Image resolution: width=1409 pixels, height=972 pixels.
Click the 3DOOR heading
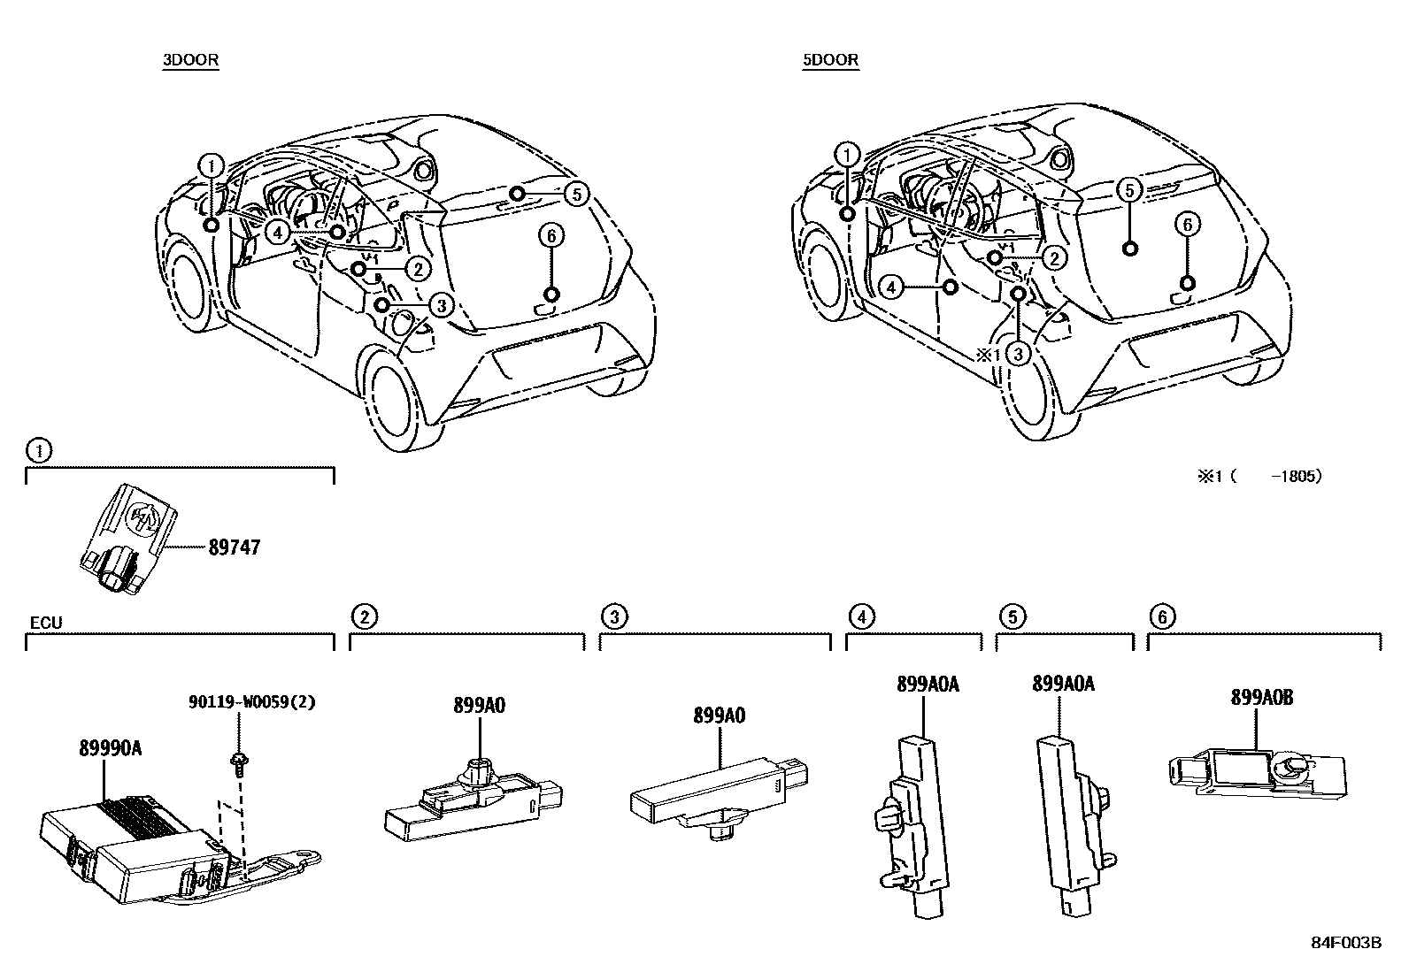(x=190, y=60)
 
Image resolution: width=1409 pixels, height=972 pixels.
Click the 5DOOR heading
(x=831, y=60)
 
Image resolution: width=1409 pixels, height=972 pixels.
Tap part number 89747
(x=235, y=547)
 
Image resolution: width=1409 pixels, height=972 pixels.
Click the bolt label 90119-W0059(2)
(x=252, y=702)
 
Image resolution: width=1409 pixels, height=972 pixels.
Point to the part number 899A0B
(x=1262, y=697)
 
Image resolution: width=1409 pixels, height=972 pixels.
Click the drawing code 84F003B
(x=1346, y=942)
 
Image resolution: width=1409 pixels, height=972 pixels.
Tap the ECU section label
(x=46, y=623)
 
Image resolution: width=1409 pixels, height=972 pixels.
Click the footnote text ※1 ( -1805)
(x=1259, y=476)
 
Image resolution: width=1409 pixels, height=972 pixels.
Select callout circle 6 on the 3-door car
(x=551, y=235)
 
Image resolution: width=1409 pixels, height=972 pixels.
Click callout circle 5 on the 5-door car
(x=1128, y=188)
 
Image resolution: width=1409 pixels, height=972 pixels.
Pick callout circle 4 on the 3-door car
(x=278, y=232)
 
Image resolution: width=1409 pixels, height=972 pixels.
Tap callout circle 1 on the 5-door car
(x=848, y=155)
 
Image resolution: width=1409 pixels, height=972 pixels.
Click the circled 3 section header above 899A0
(x=614, y=616)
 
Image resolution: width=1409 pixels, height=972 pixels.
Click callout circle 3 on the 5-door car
(x=1019, y=355)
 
